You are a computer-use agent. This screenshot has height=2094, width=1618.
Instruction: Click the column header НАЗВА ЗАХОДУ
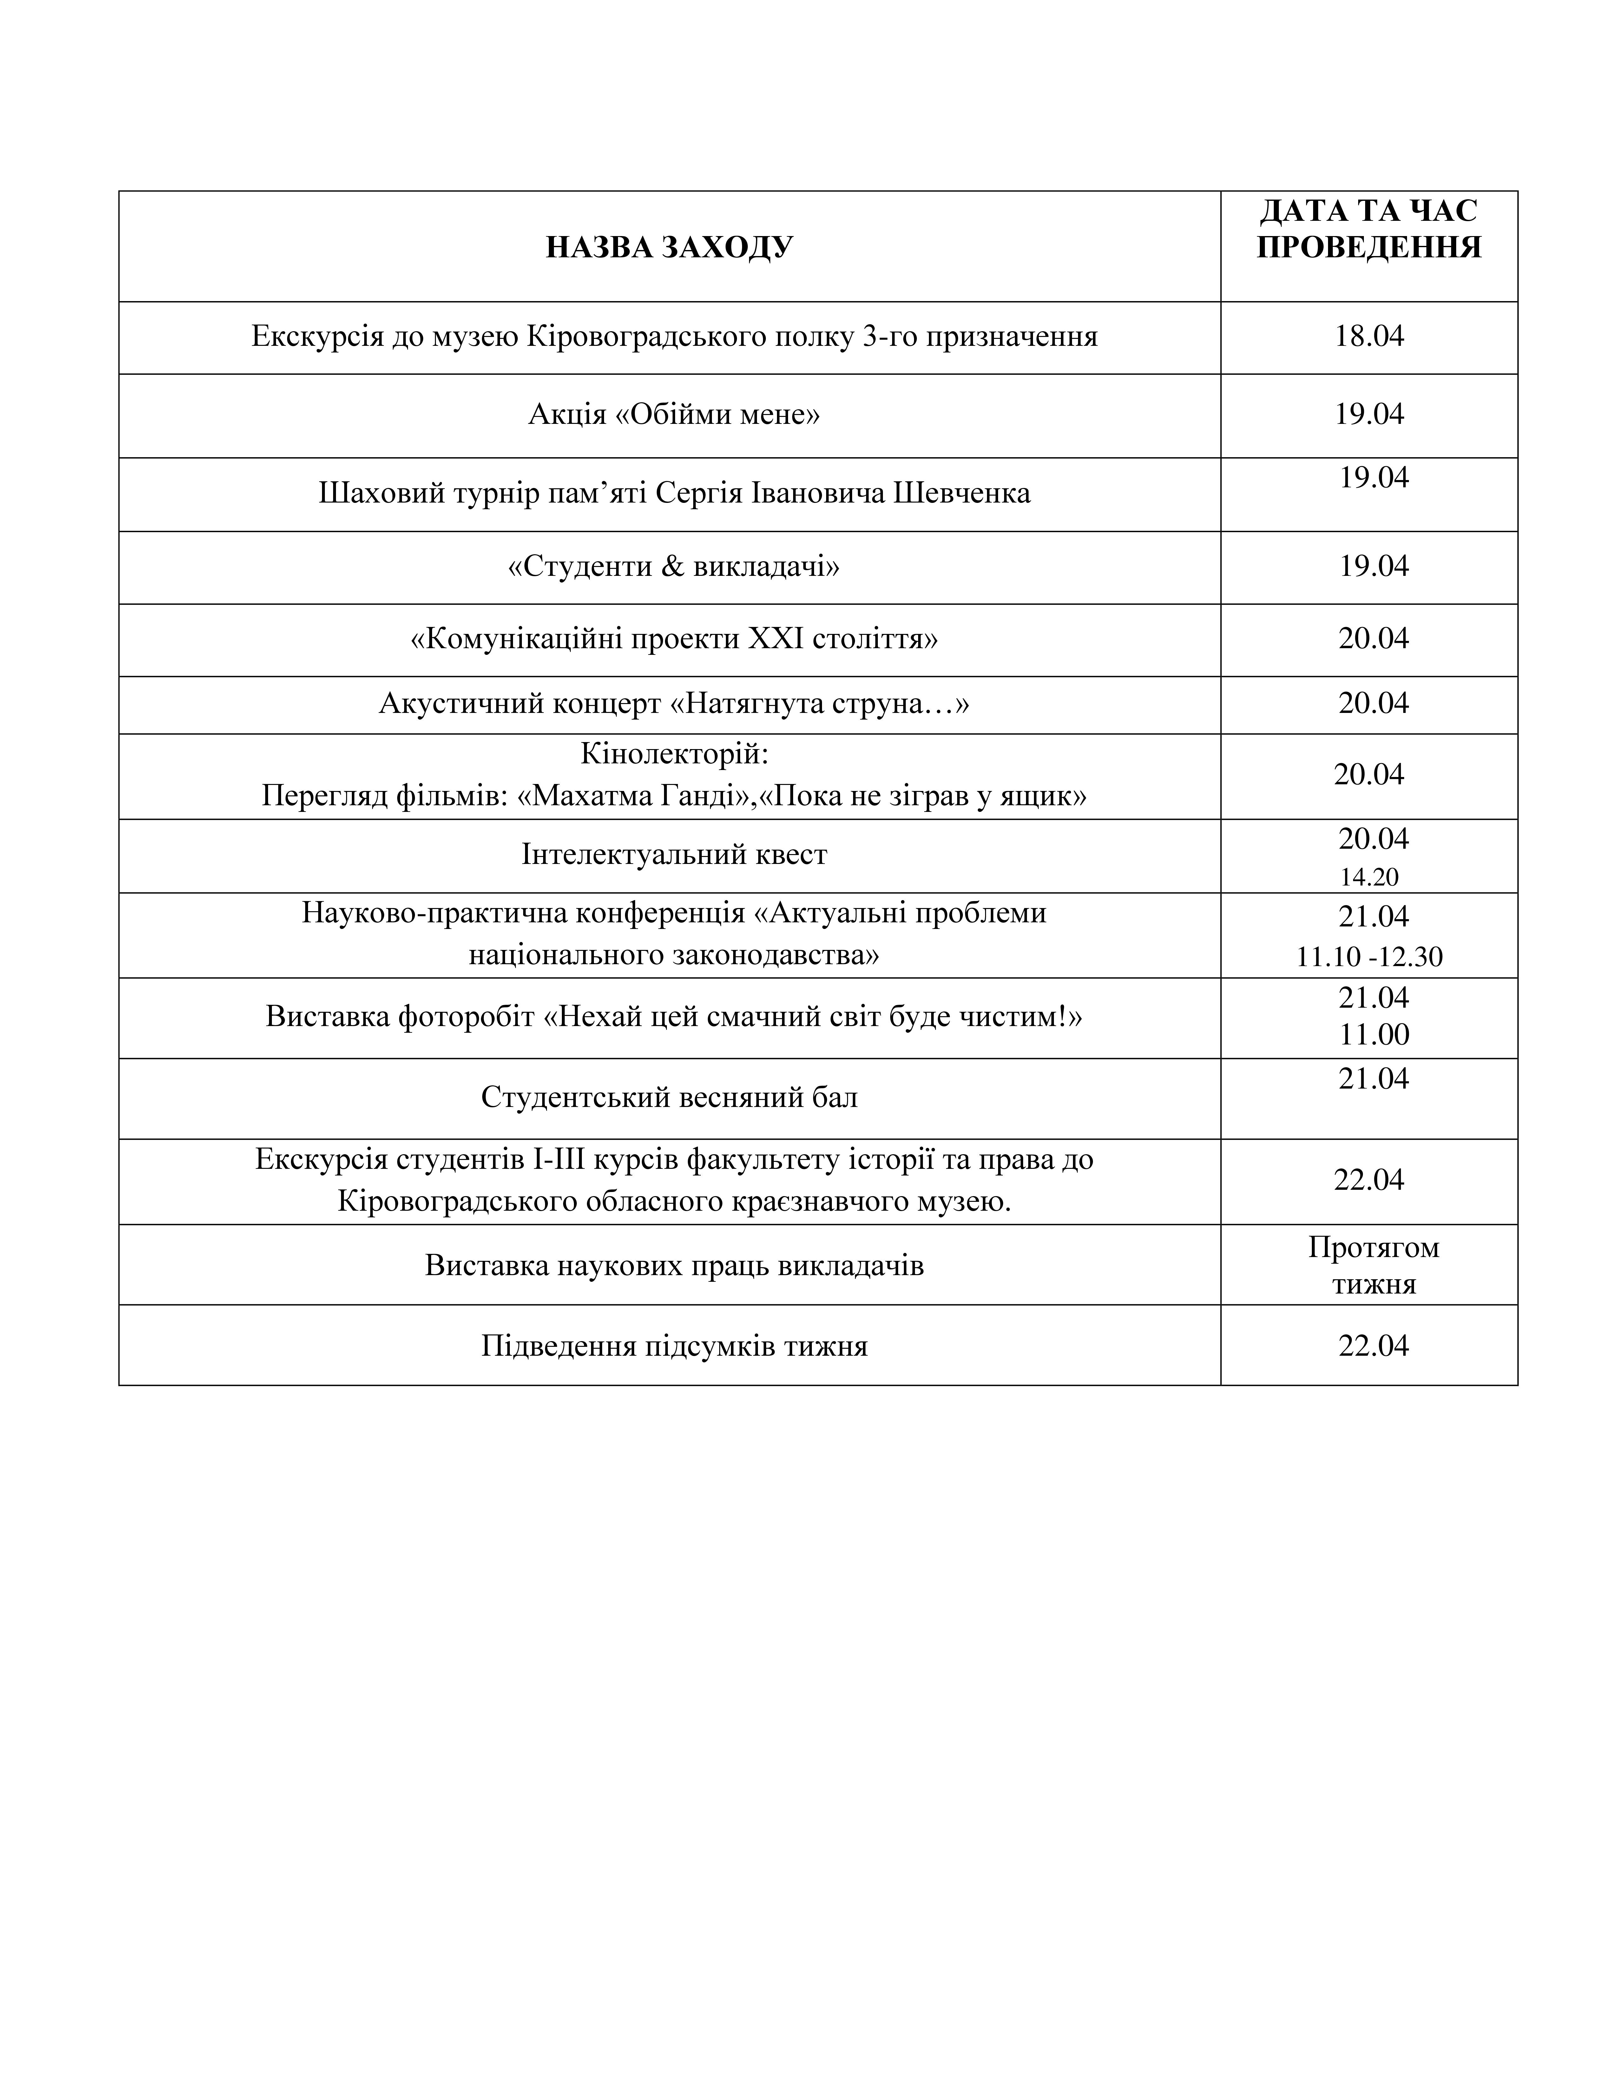click(x=669, y=247)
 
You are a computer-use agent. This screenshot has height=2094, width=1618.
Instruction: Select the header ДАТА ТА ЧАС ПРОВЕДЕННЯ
click(x=1369, y=229)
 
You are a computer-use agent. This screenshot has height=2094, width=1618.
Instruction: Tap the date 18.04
click(x=1369, y=336)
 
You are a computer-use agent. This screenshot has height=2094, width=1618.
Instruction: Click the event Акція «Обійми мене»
click(x=674, y=414)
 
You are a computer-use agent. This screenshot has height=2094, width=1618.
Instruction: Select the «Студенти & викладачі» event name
click(x=674, y=566)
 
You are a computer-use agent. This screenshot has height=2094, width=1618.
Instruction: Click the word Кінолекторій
click(x=674, y=754)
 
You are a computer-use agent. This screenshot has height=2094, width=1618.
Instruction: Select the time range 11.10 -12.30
click(x=1369, y=956)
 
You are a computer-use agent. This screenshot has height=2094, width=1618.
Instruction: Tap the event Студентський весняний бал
click(x=669, y=1097)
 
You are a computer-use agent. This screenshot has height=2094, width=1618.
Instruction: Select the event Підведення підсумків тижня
click(x=674, y=1346)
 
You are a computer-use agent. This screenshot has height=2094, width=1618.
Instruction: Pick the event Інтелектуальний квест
click(x=674, y=854)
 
